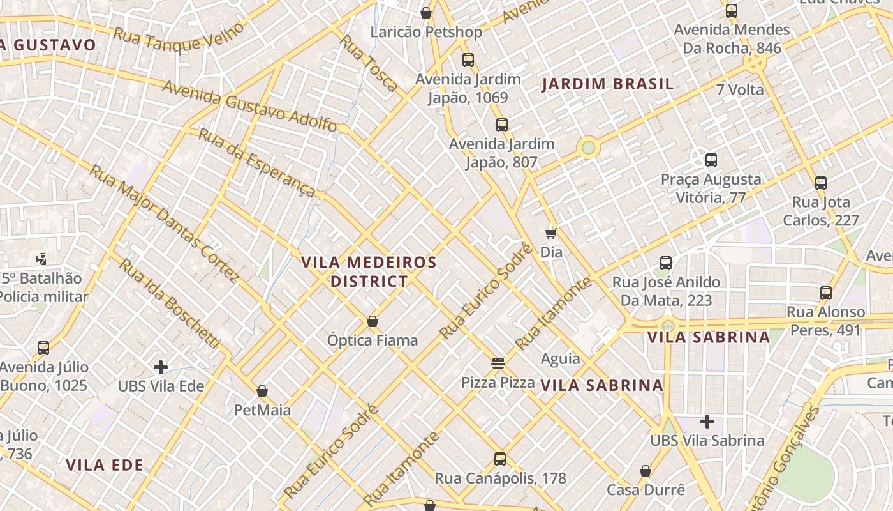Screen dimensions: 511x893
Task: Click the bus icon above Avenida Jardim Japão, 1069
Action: [x=468, y=60]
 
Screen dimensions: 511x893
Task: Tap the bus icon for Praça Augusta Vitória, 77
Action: [x=711, y=160]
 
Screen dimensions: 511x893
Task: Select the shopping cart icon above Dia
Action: [x=551, y=233]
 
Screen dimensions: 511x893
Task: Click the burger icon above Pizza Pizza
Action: [x=498, y=363]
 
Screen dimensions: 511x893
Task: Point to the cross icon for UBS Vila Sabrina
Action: [x=707, y=422]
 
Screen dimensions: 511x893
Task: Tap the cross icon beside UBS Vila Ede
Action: [x=161, y=367]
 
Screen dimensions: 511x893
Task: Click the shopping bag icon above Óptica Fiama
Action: [x=373, y=321]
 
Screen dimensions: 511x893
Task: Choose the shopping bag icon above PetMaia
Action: [x=262, y=391]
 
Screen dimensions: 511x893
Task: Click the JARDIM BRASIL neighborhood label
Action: [x=607, y=84]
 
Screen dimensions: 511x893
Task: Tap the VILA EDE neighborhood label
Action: [x=105, y=465]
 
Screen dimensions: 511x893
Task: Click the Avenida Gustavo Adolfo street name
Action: [x=249, y=105]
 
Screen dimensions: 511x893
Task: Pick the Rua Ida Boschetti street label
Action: [x=170, y=304]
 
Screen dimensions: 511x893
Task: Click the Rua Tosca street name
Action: [x=369, y=63]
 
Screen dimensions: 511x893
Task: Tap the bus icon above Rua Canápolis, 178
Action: [x=500, y=459]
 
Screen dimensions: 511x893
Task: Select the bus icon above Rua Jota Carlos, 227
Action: [x=821, y=183]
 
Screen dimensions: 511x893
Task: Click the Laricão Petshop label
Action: [x=426, y=31]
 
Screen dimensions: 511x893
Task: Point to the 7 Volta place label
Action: [x=740, y=89]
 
